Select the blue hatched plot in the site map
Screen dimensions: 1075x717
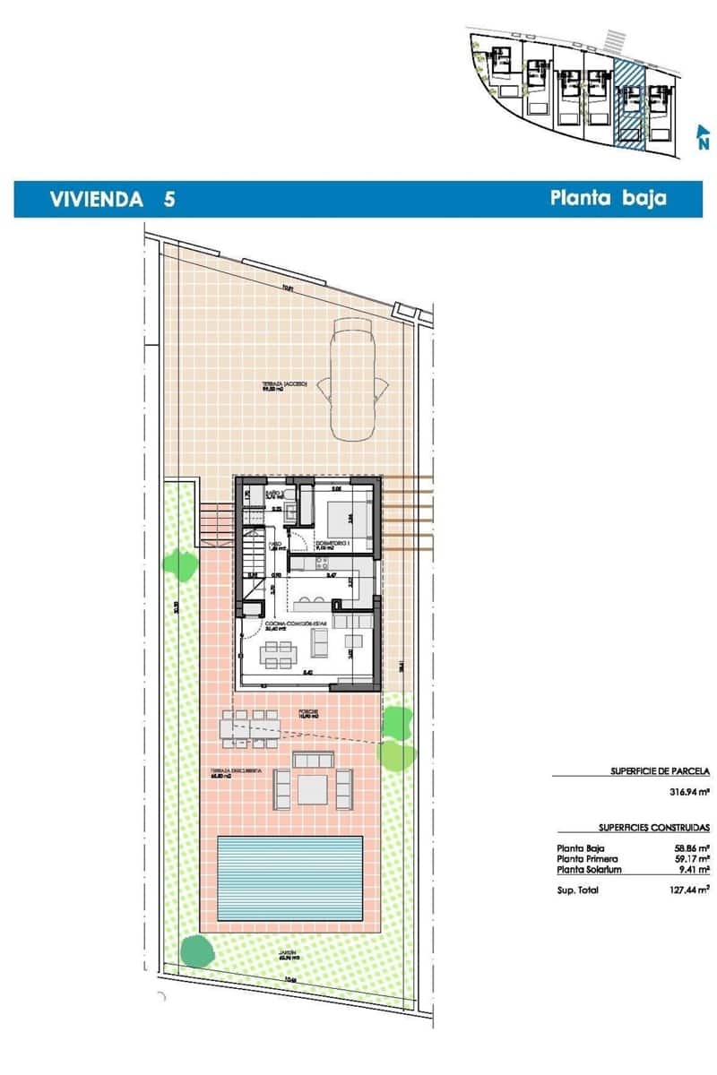click(x=629, y=104)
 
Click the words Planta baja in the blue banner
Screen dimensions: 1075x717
click(x=608, y=198)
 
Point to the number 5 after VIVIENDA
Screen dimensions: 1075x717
click(x=169, y=199)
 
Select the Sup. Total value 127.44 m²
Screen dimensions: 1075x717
click(x=691, y=890)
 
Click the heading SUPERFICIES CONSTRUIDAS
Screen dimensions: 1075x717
click(x=654, y=828)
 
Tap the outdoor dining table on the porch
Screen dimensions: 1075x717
click(x=250, y=727)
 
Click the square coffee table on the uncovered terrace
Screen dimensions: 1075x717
click(x=313, y=788)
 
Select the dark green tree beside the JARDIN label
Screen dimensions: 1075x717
click(x=196, y=949)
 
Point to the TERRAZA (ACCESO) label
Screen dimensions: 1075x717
click(x=284, y=383)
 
